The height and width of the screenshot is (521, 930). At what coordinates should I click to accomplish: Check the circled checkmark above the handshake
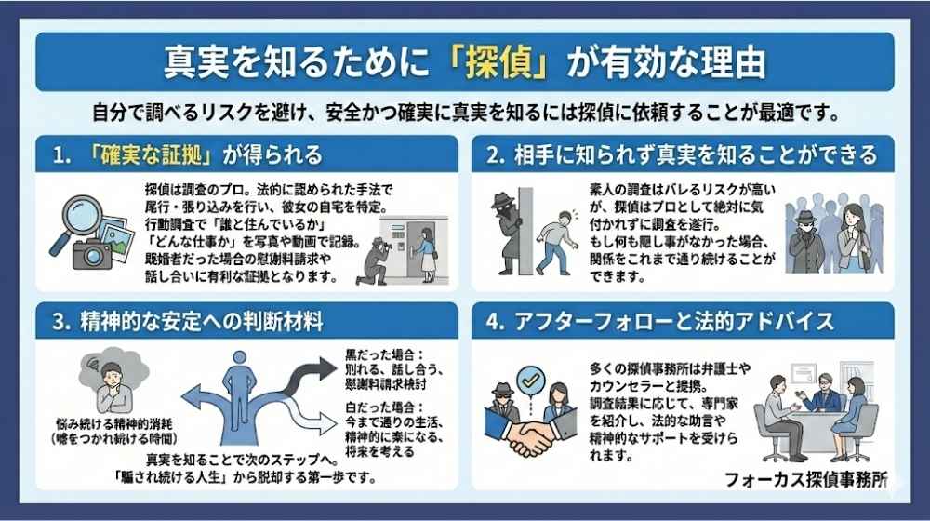(531, 381)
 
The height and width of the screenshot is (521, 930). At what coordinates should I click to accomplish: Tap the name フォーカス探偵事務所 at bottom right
(805, 480)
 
